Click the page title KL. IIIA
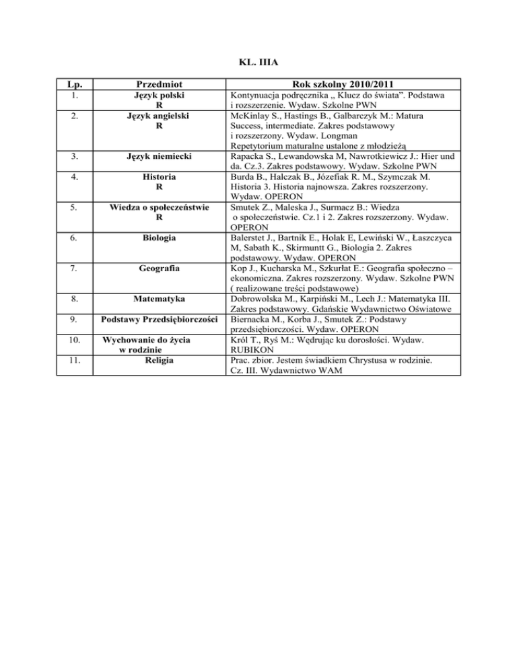(258, 65)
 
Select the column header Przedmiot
(158, 85)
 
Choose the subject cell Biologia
(158, 237)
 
